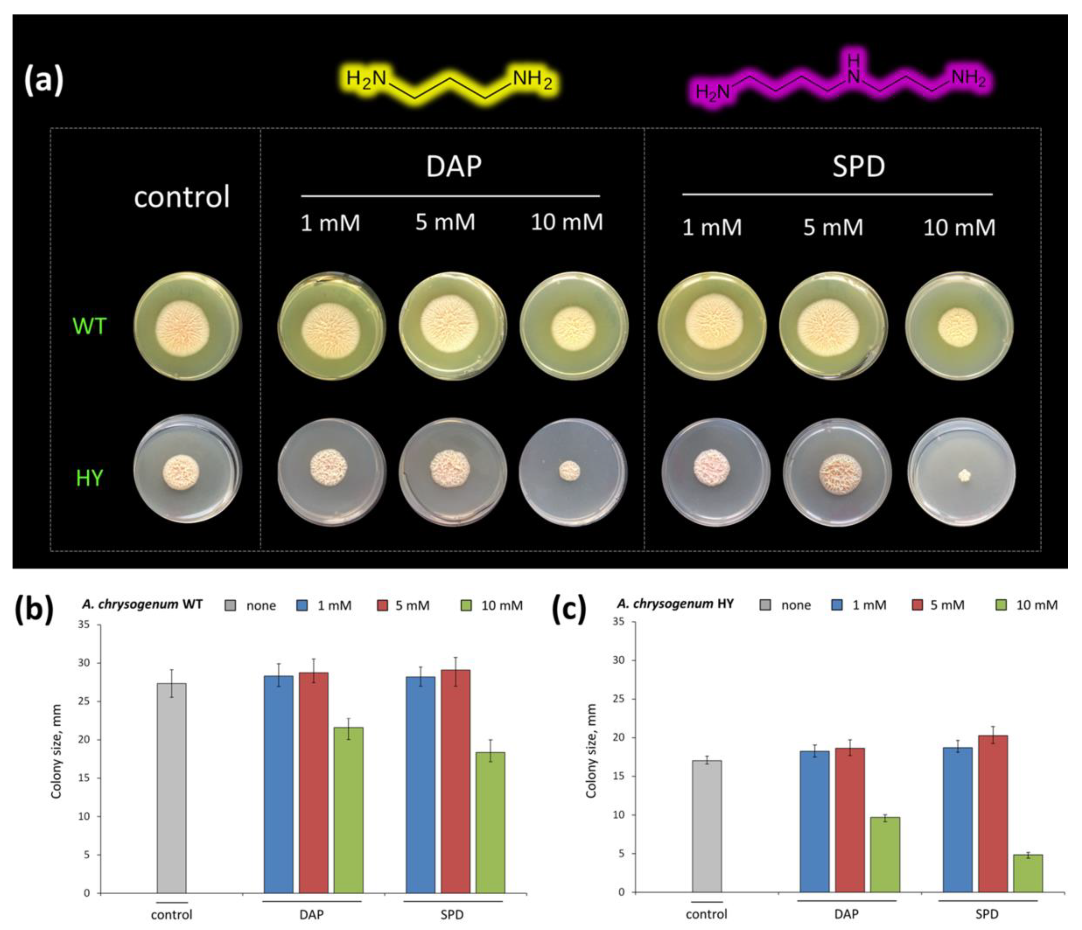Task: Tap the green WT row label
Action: tap(90, 326)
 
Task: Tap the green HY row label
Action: tap(90, 478)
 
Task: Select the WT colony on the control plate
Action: tap(182, 327)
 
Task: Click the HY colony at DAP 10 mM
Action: tap(570, 472)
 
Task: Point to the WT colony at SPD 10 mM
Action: tap(958, 327)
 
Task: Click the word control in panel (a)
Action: tap(182, 197)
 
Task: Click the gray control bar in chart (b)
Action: tap(172, 788)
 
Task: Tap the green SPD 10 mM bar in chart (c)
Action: tap(1028, 873)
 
